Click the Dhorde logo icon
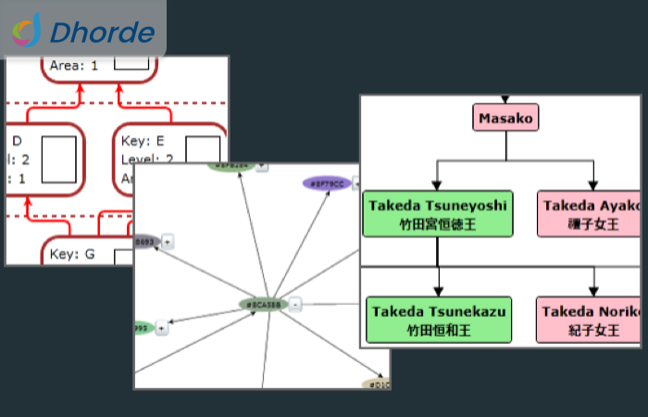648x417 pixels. tap(27, 32)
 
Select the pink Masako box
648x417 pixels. tap(506, 118)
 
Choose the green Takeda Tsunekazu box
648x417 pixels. tap(439, 320)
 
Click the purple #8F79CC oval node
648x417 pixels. tap(326, 183)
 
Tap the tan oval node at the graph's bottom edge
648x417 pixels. tap(376, 384)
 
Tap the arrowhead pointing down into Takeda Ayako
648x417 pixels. tap(593, 185)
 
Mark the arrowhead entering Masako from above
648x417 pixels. tap(505, 99)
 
